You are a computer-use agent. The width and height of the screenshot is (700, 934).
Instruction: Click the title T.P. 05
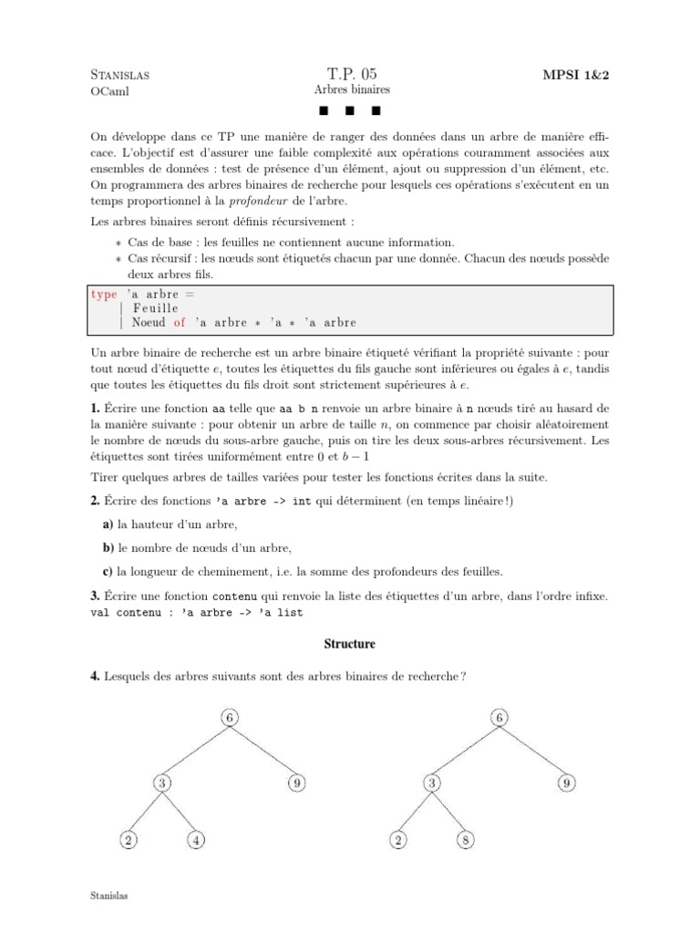click(350, 74)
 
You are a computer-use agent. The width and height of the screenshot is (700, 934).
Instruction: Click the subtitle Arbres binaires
click(351, 91)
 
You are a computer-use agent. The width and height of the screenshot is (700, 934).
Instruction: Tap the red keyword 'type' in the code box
click(104, 294)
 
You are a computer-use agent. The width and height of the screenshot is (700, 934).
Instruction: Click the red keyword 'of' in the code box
click(179, 322)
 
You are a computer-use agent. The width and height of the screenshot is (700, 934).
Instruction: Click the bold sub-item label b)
click(108, 547)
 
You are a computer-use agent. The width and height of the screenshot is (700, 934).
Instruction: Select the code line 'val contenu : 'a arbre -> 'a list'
click(197, 612)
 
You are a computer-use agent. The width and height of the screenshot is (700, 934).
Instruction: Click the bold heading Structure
click(350, 644)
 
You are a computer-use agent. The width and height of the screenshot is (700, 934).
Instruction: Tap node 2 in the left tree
click(129, 841)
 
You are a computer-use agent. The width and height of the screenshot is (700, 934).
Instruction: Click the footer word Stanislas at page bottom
click(110, 896)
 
